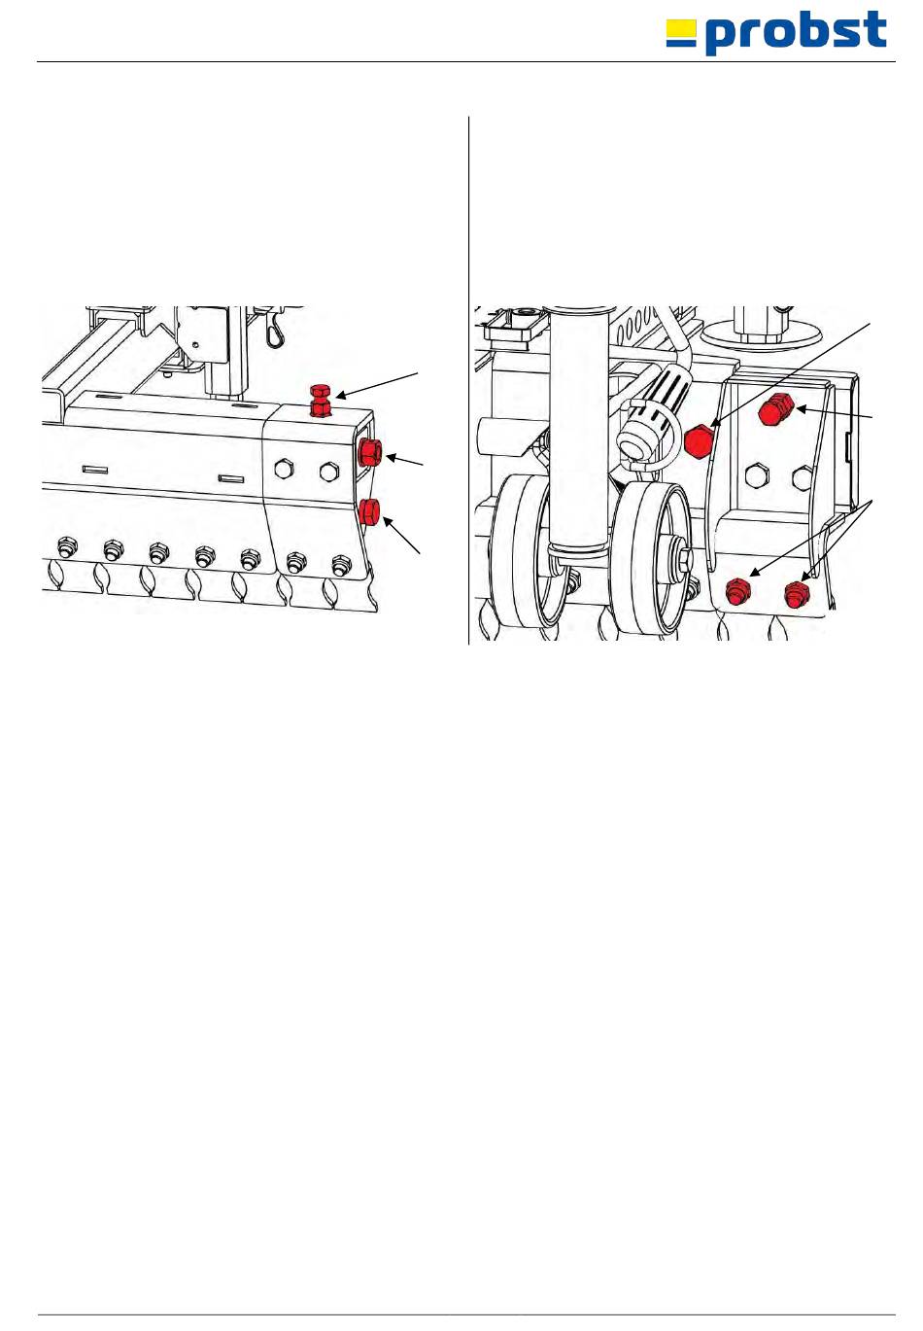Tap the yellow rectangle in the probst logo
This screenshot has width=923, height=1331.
681,28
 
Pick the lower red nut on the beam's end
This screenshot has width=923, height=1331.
369,512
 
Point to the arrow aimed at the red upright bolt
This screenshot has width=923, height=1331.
378,384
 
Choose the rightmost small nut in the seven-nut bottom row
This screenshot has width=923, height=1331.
341,564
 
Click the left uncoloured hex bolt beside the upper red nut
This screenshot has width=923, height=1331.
284,469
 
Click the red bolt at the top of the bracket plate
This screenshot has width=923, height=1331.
775,408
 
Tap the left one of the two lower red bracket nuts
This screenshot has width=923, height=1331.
738,591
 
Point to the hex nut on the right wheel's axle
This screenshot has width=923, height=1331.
683,558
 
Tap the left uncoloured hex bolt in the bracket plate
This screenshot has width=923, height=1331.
754,476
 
